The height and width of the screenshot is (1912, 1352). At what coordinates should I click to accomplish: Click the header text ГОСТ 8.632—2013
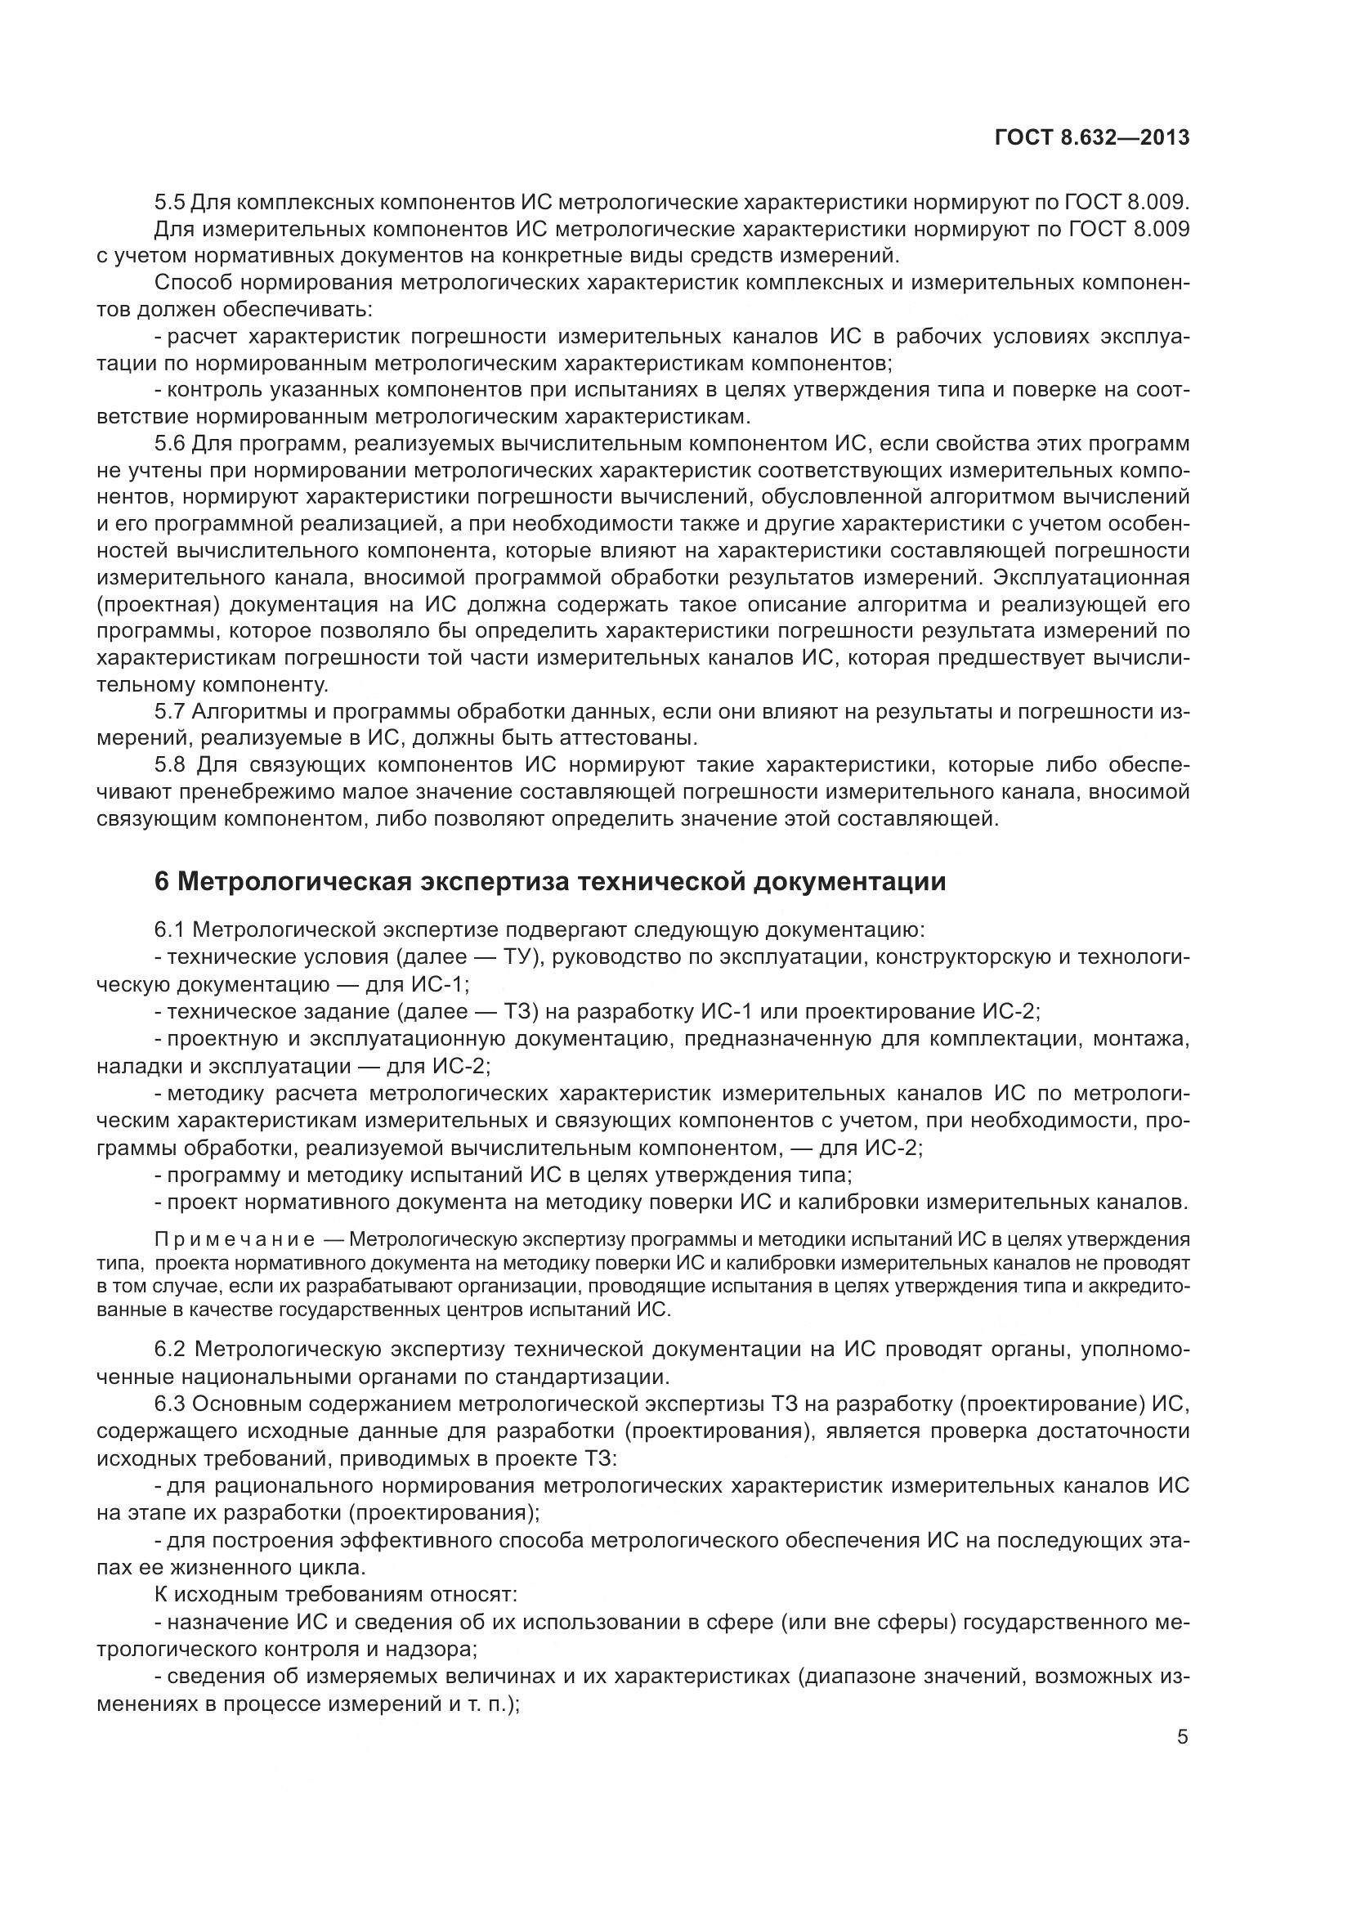(x=1091, y=137)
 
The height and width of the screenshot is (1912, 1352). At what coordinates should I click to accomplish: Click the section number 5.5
(x=170, y=203)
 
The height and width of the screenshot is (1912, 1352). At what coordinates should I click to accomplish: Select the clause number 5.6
(x=170, y=443)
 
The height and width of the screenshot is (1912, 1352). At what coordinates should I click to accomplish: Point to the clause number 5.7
(x=170, y=712)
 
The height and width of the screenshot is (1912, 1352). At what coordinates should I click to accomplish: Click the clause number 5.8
(x=170, y=765)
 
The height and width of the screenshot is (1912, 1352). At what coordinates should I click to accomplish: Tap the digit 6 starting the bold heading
(x=162, y=882)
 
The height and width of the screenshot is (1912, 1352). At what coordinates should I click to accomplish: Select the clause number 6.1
(x=170, y=930)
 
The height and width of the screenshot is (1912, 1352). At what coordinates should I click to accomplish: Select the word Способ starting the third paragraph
(x=191, y=283)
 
